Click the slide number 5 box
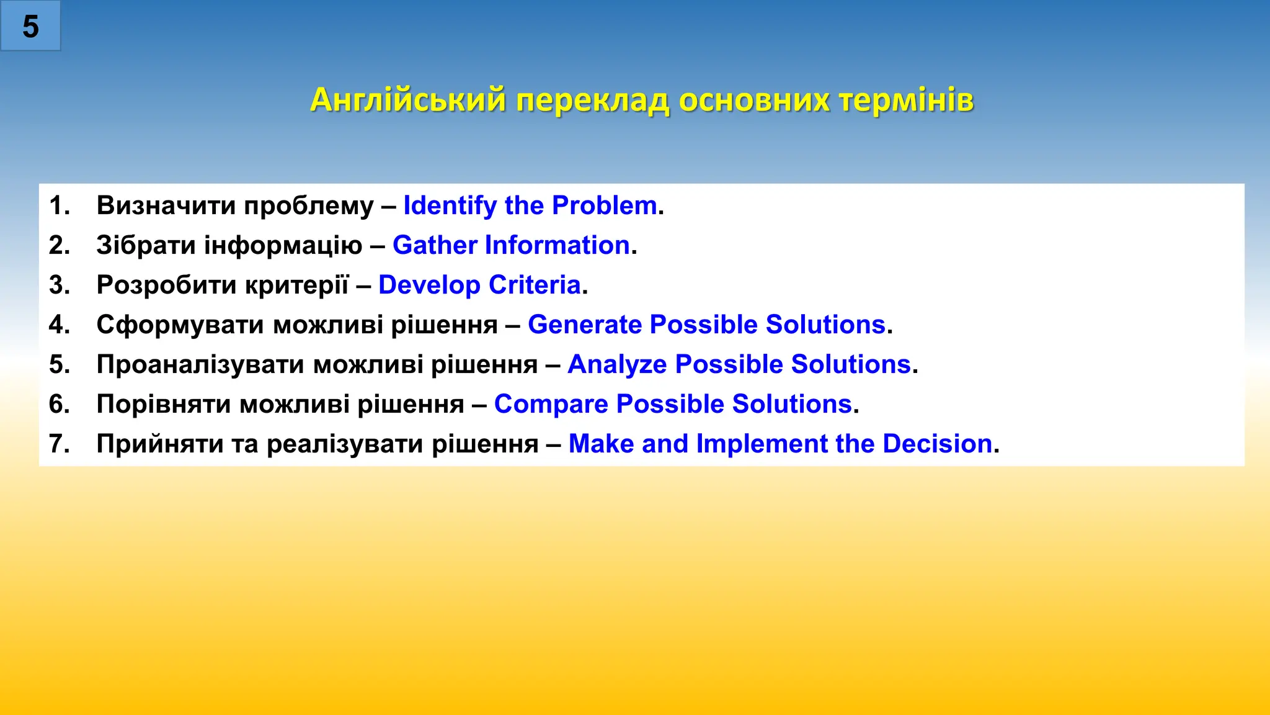(30, 26)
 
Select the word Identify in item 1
(450, 205)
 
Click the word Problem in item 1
(604, 205)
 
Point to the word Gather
(435, 245)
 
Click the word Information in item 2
(557, 245)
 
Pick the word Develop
(429, 285)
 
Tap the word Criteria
(534, 285)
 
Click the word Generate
(584, 325)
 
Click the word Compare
(551, 404)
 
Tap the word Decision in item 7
(937, 444)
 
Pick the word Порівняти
(164, 404)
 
